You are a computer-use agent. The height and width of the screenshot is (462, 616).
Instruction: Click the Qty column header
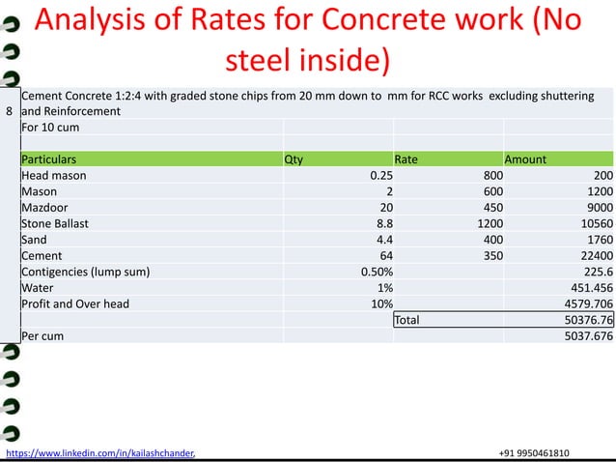click(294, 159)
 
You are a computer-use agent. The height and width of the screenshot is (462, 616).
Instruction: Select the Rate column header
click(406, 159)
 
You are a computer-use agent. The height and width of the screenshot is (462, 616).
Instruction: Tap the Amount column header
click(525, 159)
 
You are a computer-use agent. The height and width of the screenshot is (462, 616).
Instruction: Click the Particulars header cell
click(48, 159)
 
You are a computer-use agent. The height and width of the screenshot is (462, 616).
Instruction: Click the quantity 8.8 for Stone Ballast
click(381, 223)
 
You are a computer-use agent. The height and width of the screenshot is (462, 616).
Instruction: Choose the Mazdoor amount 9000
click(597, 208)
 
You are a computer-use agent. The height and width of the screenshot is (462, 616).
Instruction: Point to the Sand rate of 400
click(491, 240)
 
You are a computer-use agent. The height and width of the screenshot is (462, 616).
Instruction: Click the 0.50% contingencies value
click(376, 272)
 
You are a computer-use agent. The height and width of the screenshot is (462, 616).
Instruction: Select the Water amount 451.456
click(588, 288)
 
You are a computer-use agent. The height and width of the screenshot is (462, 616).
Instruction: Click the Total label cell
click(407, 320)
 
